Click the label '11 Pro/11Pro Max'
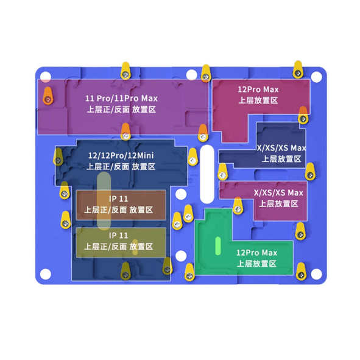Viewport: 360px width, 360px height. pos(121,99)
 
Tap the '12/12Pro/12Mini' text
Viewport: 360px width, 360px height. pos(121,156)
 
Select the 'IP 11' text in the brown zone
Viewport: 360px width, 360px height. pos(118,199)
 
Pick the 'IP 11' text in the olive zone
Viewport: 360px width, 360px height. pos(118,236)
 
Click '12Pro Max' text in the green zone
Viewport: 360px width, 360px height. pos(256,253)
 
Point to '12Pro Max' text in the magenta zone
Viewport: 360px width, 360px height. pos(258,90)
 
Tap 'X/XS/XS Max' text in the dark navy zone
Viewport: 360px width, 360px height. pos(281,148)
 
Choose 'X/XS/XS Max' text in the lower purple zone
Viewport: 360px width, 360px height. pos(278,192)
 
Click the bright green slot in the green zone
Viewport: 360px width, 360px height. pos(218,246)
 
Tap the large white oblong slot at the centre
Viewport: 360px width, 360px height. pos(207,174)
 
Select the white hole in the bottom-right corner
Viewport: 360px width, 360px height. pos(316,274)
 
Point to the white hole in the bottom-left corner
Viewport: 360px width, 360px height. pos(46,274)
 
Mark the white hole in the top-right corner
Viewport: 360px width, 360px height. pos(316,77)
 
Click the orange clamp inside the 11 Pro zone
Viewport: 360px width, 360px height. pos(48,96)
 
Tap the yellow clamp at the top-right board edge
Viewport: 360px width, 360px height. pos(298,69)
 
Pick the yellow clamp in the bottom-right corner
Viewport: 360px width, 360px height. pos(301,272)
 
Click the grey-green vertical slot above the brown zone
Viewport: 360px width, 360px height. pos(104,201)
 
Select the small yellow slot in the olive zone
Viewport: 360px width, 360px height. pos(135,247)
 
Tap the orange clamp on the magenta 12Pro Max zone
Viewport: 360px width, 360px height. pos(303,115)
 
